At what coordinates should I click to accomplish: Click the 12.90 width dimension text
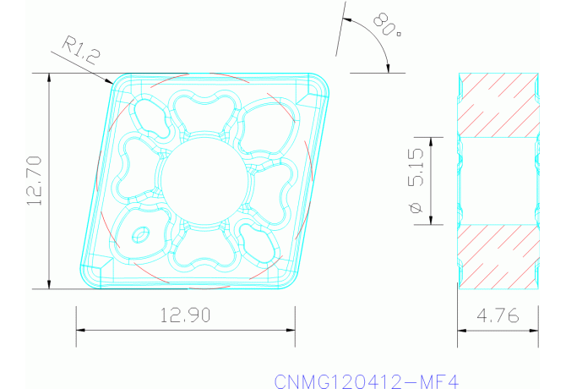[x=185, y=315]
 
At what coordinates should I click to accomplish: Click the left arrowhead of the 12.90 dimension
[x=80, y=331]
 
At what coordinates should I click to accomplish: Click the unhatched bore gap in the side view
[x=498, y=180]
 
